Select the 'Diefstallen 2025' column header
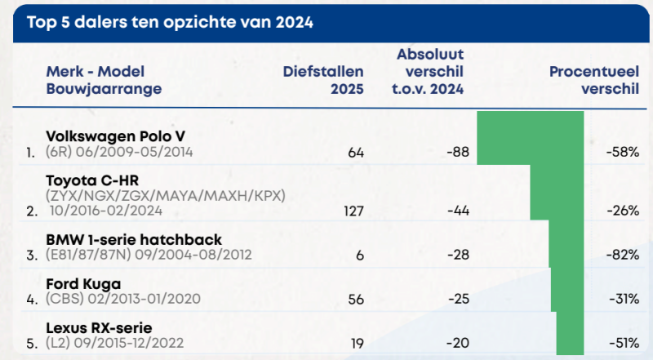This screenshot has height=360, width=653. coord(323,80)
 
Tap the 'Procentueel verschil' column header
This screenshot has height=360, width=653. coord(593,80)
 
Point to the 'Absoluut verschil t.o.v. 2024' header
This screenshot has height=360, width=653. coord(430,71)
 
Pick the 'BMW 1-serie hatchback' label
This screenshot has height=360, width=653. coord(122,240)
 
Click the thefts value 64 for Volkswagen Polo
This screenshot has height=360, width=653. coord(354,153)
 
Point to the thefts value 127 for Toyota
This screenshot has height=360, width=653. coord(351,211)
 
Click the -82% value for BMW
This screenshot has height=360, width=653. coord(622,256)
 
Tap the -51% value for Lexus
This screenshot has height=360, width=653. coord(623,344)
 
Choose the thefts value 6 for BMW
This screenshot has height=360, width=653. coord(358,256)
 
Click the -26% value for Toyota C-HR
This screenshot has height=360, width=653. coord(623,211)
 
